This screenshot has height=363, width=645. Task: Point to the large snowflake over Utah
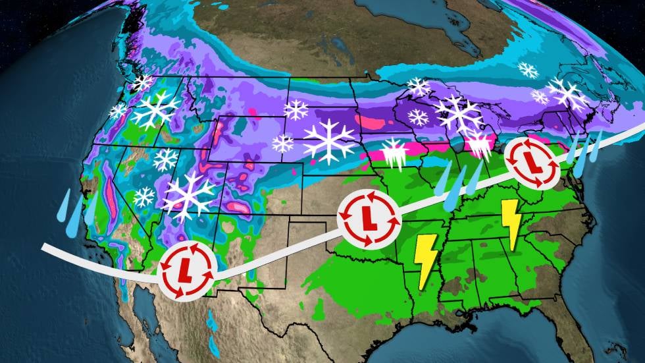(x=190, y=196)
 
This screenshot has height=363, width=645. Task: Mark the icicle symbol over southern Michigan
(x=478, y=144)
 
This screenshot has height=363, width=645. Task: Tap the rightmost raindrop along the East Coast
(x=595, y=146)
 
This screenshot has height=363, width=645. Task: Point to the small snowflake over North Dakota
(x=296, y=110)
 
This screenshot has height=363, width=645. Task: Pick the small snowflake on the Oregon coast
(x=118, y=111)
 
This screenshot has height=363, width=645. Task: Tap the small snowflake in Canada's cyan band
(x=527, y=69)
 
